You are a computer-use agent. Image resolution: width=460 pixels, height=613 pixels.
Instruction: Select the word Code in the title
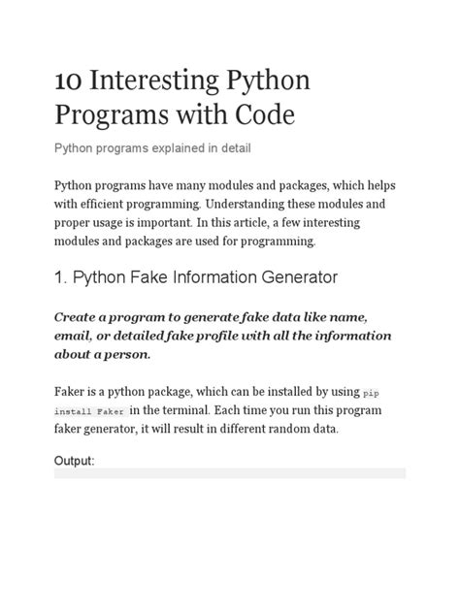[x=259, y=117]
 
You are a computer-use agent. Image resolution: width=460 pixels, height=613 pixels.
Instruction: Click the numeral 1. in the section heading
[x=61, y=277]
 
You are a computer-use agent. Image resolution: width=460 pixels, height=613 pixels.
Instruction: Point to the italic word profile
[x=218, y=336]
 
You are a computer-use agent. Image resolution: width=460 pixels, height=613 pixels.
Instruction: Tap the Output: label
[x=74, y=460]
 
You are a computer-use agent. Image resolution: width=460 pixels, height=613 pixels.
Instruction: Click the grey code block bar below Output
[x=230, y=473]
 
